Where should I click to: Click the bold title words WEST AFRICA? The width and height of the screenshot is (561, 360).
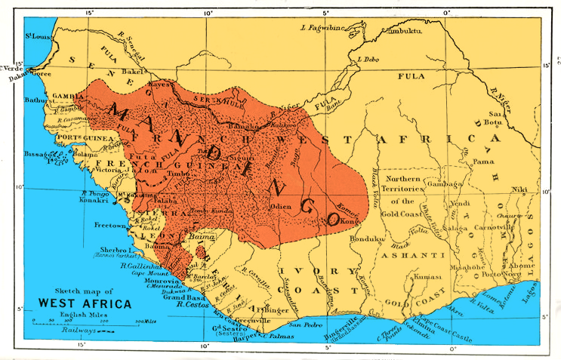click(84, 304)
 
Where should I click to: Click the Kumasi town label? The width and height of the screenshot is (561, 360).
click(428, 278)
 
